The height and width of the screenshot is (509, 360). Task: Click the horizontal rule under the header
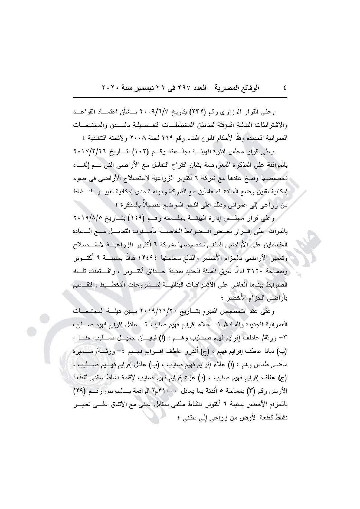180,97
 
